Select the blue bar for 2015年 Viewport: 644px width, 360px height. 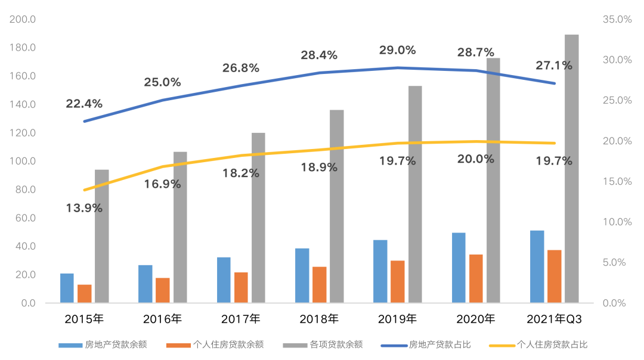click(67, 288)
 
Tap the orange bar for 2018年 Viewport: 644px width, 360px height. click(320, 285)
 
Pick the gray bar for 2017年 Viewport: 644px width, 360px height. click(258, 218)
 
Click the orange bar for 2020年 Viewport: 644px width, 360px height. click(476, 279)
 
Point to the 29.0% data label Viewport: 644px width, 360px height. click(398, 51)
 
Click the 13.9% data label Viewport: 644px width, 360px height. click(84, 209)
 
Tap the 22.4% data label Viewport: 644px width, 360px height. click(84, 104)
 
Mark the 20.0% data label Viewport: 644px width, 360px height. click(476, 159)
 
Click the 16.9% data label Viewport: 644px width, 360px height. click(162, 184)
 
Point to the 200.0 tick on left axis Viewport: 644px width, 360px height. click(23, 20)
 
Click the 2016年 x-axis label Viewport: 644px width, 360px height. click(162, 319)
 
